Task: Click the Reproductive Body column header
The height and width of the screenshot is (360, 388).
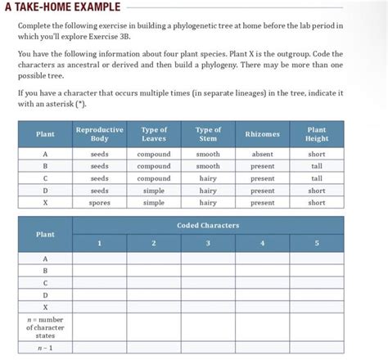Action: (x=99, y=134)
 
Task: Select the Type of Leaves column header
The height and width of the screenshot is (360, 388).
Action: (x=154, y=134)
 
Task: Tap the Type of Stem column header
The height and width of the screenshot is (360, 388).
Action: (x=208, y=134)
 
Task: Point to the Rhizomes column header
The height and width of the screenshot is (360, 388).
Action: (x=262, y=134)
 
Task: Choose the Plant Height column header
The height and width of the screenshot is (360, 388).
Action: (x=317, y=134)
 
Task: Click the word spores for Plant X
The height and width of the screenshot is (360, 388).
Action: (x=99, y=202)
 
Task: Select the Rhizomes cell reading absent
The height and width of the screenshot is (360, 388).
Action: (x=262, y=154)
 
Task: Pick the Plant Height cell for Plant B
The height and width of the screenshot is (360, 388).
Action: (x=317, y=166)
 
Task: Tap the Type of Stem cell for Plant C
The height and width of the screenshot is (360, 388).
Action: (x=208, y=178)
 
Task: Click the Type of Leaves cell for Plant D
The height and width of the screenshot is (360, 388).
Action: (x=154, y=191)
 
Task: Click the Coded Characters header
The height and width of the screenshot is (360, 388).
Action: (x=208, y=225)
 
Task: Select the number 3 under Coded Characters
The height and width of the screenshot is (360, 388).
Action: (x=208, y=243)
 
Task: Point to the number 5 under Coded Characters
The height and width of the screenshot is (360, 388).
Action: (x=317, y=243)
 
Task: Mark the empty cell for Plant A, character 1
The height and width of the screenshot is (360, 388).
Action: (x=99, y=259)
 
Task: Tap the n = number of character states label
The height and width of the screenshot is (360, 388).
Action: (x=45, y=327)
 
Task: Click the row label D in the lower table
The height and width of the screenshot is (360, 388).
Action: (x=45, y=295)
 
